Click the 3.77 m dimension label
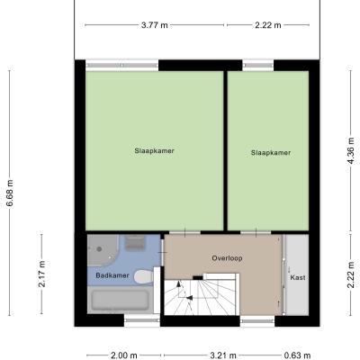pyautogui.click(x=155, y=25)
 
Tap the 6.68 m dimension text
pyautogui.click(x=10, y=193)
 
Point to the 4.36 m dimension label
pyautogui.click(x=350, y=151)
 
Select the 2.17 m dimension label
pyautogui.click(x=41, y=274)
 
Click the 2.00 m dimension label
pyautogui.click(x=124, y=355)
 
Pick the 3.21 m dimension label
pyautogui.click(x=223, y=355)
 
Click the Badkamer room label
pyautogui.click(x=112, y=275)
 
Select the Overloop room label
pyautogui.click(x=227, y=258)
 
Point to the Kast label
pyautogui.click(x=298, y=277)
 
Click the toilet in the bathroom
pyautogui.click(x=144, y=276)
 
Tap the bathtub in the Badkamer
pyautogui.click(x=120, y=300)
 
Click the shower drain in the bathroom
pyautogui.click(x=99, y=248)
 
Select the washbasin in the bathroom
pyautogui.click(x=135, y=243)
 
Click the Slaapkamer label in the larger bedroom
pyautogui.click(x=154, y=150)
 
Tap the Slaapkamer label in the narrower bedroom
pyautogui.click(x=271, y=153)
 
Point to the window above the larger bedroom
pyautogui.click(x=122, y=65)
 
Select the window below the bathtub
pyautogui.click(x=142, y=320)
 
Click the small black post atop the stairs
pyautogui.click(x=198, y=278)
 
